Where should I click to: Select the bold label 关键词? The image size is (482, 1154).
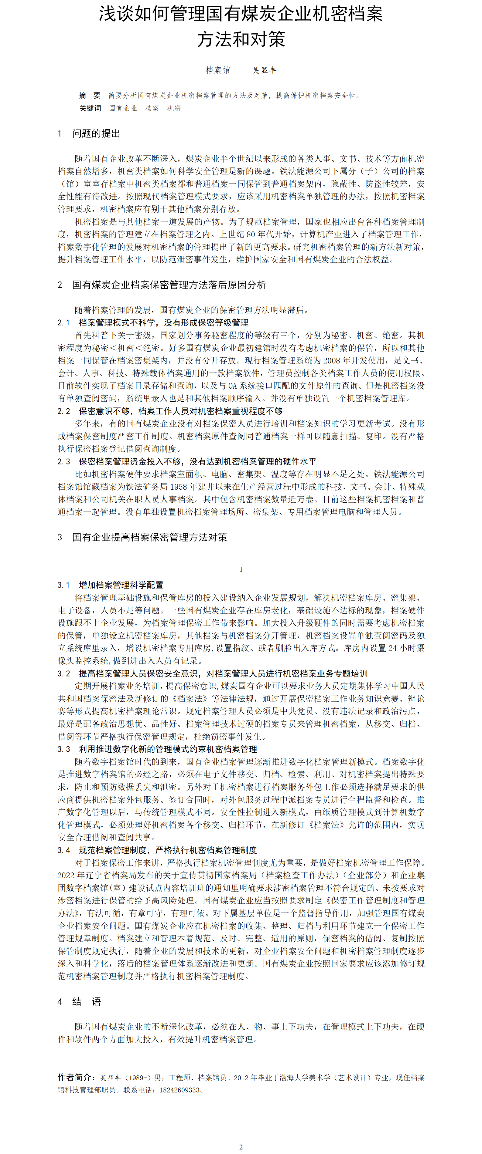click(90, 108)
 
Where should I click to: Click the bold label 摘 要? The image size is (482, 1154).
click(90, 96)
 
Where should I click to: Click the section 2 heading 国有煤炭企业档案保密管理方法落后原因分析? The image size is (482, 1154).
click(162, 285)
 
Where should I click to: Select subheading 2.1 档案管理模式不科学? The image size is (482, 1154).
click(153, 322)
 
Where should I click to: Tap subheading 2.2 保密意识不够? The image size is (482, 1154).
click(170, 411)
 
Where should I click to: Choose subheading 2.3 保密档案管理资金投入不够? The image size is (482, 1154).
click(186, 461)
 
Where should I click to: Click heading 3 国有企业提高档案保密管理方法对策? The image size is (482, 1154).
click(142, 537)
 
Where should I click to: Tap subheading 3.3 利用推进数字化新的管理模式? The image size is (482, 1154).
click(157, 749)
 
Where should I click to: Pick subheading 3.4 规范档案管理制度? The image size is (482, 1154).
click(157, 850)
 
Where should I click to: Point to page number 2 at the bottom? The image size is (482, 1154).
click(241, 1147)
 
